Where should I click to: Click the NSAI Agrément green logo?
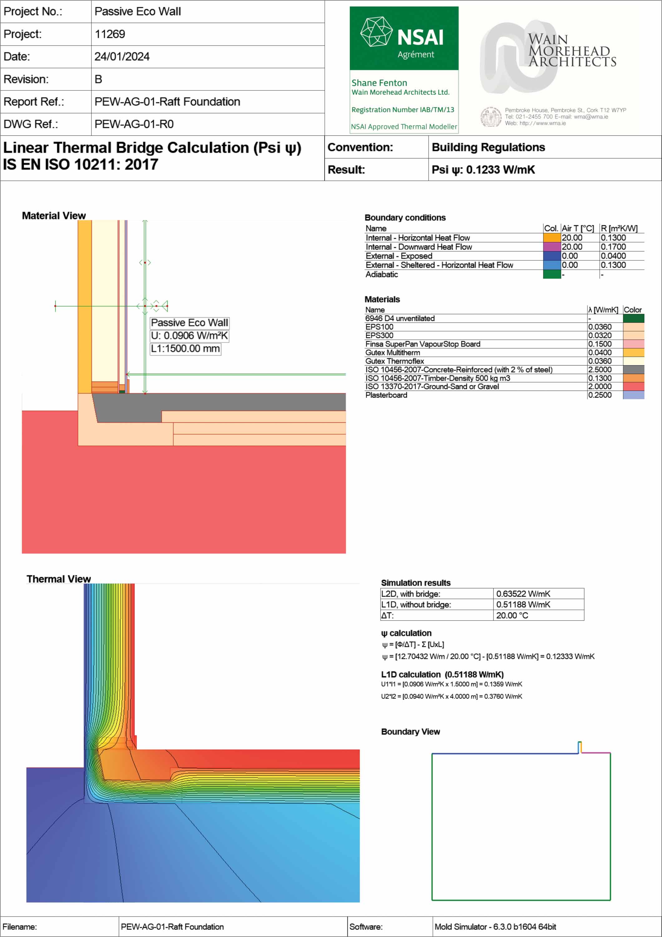pyautogui.click(x=404, y=38)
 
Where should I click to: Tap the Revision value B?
pyautogui.click(x=98, y=79)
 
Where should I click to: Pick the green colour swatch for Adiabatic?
pyautogui.click(x=552, y=274)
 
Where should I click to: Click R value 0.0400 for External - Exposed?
pyautogui.click(x=613, y=256)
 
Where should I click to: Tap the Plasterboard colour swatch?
pyautogui.click(x=634, y=395)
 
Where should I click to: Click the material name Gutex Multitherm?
pyautogui.click(x=392, y=353)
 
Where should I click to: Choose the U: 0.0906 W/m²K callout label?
pyautogui.click(x=189, y=336)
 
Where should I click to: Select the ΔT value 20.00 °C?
pyautogui.click(x=512, y=615)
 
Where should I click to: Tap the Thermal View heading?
pyautogui.click(x=59, y=579)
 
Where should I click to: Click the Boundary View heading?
pyautogui.click(x=410, y=732)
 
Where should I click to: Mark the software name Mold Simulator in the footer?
pyautogui.click(x=495, y=927)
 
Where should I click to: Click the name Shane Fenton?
pyautogui.click(x=379, y=83)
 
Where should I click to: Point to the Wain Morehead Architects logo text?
pyautogui.click(x=572, y=51)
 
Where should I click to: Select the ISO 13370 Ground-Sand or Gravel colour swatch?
pyautogui.click(x=634, y=386)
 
